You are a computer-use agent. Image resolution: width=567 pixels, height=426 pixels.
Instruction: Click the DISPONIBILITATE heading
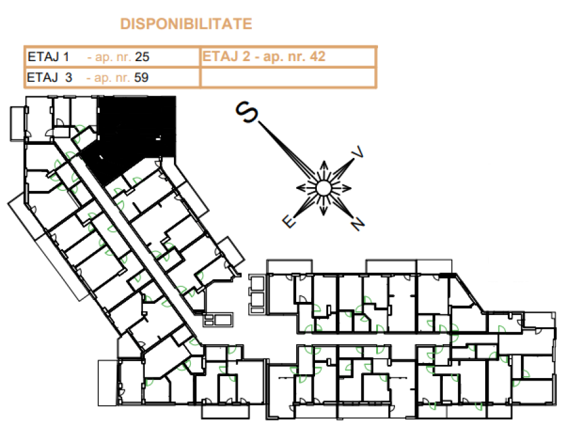[x=186, y=24]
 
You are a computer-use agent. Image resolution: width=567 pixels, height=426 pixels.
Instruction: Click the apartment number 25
[x=142, y=57]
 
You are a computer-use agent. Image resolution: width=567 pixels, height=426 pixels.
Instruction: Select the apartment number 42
[x=318, y=57]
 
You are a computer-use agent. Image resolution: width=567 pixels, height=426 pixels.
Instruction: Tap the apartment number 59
[x=141, y=78]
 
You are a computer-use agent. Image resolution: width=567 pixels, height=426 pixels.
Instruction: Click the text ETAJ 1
[x=48, y=57]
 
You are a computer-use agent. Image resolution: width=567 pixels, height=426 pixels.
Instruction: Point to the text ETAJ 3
[x=50, y=78]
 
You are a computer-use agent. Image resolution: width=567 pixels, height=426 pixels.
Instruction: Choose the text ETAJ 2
[x=226, y=57]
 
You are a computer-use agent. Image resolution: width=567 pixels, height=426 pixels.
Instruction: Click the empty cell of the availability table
[x=288, y=77]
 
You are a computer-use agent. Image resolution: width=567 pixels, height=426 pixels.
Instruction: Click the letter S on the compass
[x=246, y=112]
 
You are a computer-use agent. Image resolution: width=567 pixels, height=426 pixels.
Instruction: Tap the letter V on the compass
[x=358, y=153]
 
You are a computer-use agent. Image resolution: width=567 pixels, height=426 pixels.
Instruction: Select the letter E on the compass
[x=289, y=221]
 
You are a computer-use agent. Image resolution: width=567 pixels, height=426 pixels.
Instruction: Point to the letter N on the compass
[x=357, y=224]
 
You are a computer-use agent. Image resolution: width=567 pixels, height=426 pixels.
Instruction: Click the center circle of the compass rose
[x=323, y=188]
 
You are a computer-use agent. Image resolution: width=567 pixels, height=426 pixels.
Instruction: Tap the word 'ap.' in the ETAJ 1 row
[x=102, y=57]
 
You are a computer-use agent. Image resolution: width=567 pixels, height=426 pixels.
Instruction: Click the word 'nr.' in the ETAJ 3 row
[x=122, y=78]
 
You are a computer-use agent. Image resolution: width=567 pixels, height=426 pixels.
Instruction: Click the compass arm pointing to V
[x=341, y=170]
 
